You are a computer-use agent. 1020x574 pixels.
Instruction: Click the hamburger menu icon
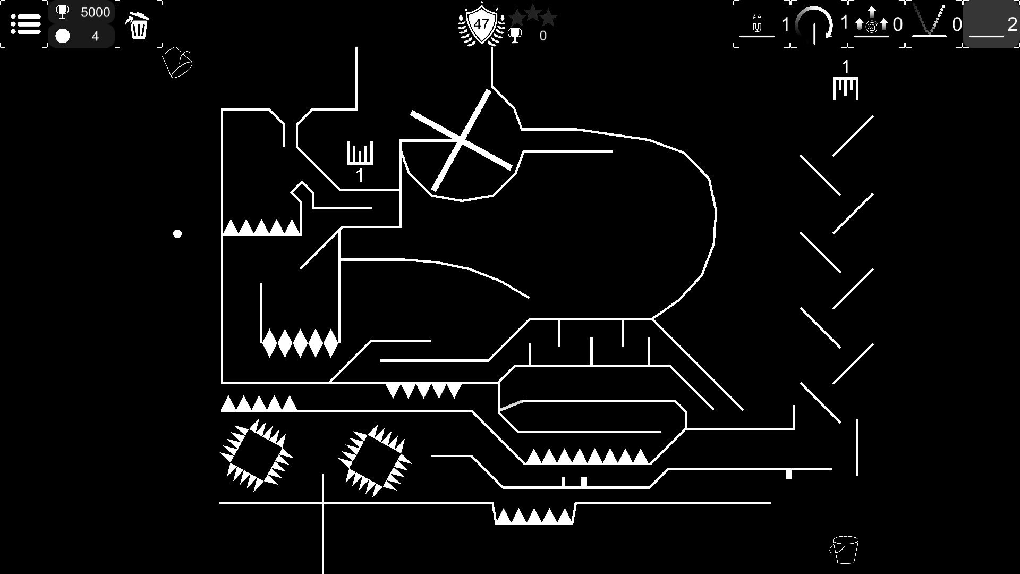pos(25,24)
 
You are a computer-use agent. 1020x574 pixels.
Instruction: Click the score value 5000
pos(95,12)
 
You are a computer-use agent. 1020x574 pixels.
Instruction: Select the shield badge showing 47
pos(481,25)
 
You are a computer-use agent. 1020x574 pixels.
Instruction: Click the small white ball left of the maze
pos(177,233)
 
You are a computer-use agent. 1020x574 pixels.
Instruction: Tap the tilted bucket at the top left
pos(177,62)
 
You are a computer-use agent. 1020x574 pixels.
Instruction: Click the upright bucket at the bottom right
pos(844,550)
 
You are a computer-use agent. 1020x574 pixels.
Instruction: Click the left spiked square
pos(256,455)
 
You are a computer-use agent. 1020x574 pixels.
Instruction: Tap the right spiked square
pos(375,461)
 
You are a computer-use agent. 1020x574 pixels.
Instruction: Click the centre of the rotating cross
pos(461,140)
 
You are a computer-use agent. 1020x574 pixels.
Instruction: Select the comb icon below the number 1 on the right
pos(845,88)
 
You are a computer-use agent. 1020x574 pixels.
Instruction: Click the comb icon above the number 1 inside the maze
pos(360,153)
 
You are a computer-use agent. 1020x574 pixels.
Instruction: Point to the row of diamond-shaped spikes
pos(300,343)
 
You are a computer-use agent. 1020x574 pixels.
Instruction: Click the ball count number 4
pos(95,36)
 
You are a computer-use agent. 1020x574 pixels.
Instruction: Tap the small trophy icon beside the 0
pos(515,36)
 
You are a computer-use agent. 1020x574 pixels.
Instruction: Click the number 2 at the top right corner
pos(1012,24)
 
